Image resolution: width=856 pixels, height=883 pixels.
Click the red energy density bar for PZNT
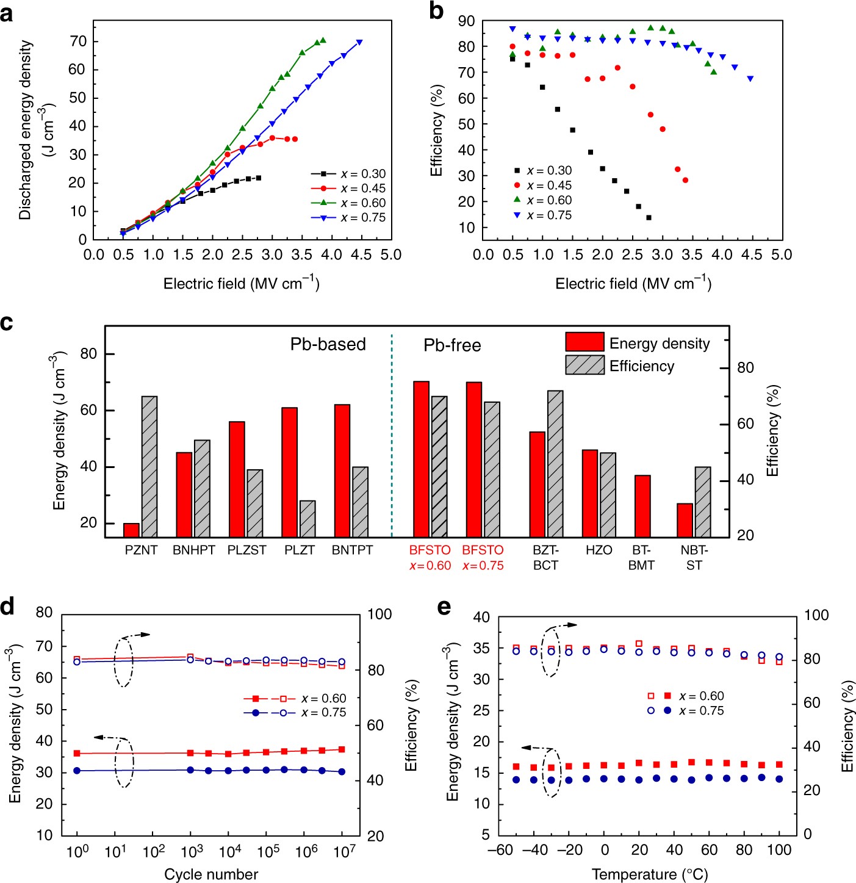tap(132, 530)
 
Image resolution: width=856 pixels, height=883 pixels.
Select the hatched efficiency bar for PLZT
tap(308, 519)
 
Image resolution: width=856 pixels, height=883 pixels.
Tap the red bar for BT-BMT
tap(642, 506)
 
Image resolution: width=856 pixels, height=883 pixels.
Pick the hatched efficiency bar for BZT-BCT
tap(555, 464)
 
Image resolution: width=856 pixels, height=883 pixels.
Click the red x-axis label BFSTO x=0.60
tap(430, 558)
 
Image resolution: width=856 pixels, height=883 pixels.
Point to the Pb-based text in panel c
tap(328, 344)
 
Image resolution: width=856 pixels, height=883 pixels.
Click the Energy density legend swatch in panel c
tap(584, 342)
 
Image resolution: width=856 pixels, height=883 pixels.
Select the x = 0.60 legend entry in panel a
tap(348, 203)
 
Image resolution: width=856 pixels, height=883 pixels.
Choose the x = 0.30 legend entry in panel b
tap(542, 171)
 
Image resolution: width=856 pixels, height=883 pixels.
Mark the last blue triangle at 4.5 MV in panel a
tap(359, 42)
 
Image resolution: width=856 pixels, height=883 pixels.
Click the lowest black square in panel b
tap(649, 218)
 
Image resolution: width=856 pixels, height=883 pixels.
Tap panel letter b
tap(436, 11)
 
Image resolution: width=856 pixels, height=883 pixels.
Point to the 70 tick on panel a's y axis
tap(78, 41)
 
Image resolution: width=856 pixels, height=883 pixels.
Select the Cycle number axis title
tap(211, 874)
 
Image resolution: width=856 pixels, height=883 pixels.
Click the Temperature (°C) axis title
tap(650, 874)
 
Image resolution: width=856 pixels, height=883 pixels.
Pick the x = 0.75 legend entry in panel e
tap(686, 711)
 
